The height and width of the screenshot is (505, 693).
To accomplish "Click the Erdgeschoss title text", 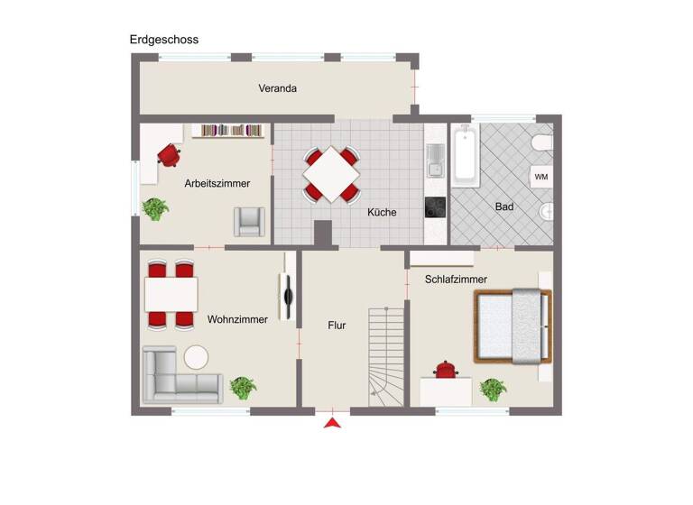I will (x=163, y=40).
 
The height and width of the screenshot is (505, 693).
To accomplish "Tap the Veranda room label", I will (x=277, y=88).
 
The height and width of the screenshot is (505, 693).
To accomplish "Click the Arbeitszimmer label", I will (x=217, y=183).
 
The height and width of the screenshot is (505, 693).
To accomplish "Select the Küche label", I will (x=382, y=213).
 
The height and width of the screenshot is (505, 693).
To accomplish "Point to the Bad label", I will (x=504, y=207).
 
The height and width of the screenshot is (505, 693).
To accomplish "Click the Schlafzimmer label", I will (x=456, y=280).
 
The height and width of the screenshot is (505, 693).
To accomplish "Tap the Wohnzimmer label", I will (x=237, y=319).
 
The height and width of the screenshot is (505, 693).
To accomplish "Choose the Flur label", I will (x=337, y=326).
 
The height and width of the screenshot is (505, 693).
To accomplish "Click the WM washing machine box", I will (x=541, y=177).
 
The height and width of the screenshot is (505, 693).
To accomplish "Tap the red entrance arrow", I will (x=333, y=422).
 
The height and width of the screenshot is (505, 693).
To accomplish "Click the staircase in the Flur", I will (x=386, y=356).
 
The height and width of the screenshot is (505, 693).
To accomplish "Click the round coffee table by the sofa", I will (x=196, y=357).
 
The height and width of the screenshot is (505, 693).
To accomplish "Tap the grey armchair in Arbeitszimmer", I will (x=249, y=221).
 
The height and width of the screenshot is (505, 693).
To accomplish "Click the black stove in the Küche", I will (x=435, y=208).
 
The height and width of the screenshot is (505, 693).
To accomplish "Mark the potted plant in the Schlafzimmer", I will (x=493, y=390).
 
